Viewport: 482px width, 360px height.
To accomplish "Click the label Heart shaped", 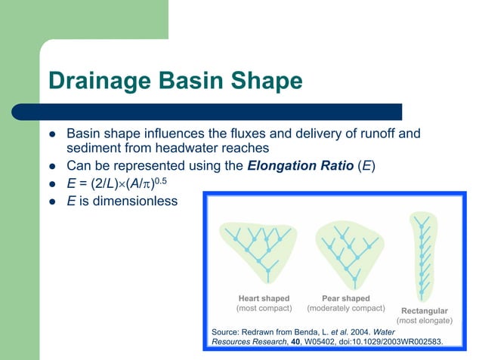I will click(264, 298).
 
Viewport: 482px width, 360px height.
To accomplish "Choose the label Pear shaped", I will click(346, 298).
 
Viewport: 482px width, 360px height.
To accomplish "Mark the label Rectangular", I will click(424, 311).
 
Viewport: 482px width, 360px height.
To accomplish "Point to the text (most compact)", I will click(264, 308).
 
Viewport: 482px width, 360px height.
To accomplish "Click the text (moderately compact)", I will click(346, 308).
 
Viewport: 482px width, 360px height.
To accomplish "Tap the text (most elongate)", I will click(424, 321).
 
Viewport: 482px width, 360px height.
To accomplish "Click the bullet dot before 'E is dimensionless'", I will click(53, 202).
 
